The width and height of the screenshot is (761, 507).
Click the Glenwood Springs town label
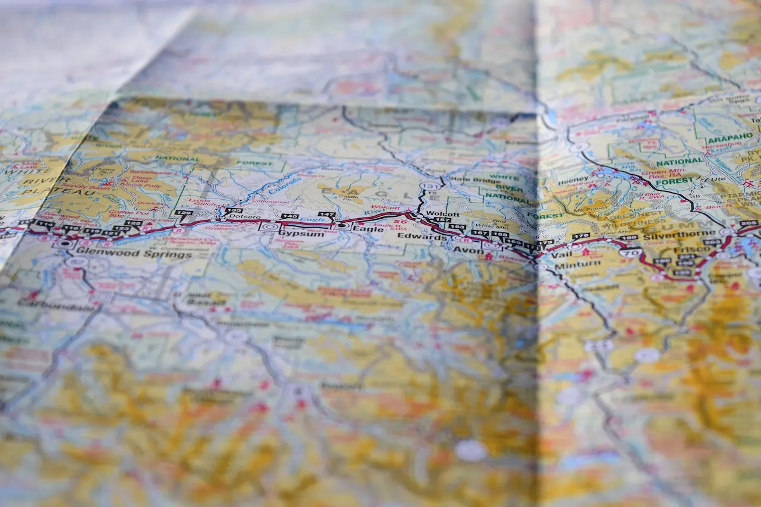click(x=134, y=254)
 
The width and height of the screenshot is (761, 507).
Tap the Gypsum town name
click(x=301, y=234)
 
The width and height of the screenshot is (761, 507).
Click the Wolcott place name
click(x=443, y=214)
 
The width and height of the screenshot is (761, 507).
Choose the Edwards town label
click(x=422, y=237)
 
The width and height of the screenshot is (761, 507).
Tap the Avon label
click(x=468, y=251)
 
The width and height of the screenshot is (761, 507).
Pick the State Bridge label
click(x=467, y=179)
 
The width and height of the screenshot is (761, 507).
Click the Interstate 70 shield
click(x=631, y=253)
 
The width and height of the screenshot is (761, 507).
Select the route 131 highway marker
click(x=430, y=186)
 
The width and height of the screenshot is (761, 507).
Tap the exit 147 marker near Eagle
click(x=326, y=215)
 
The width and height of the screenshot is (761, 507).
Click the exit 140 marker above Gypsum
click(x=290, y=216)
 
